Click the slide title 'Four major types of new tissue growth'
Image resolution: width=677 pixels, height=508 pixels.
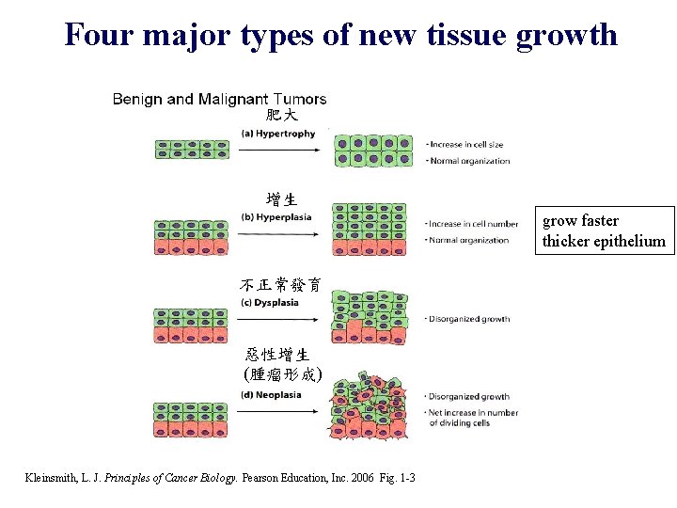point(340,34)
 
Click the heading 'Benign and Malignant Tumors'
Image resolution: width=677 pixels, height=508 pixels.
point(219,99)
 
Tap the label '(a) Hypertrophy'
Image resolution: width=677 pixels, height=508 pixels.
point(278,134)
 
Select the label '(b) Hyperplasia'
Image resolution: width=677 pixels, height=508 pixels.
point(276,217)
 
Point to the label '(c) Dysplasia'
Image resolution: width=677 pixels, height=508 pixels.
point(270,302)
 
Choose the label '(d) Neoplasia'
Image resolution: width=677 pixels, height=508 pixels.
point(271,394)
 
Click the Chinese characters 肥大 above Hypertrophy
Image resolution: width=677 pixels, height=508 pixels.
point(281,116)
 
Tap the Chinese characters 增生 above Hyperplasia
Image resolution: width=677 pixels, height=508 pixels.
point(281,199)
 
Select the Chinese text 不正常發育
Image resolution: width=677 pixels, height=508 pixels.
point(279,284)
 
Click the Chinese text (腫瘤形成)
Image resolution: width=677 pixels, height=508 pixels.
point(282,373)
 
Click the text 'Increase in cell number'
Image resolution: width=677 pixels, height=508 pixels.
point(472,224)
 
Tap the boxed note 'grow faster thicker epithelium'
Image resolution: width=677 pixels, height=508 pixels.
point(603,231)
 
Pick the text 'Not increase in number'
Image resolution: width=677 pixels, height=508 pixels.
point(473,412)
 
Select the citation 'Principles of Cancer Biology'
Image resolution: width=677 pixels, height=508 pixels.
point(174,479)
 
